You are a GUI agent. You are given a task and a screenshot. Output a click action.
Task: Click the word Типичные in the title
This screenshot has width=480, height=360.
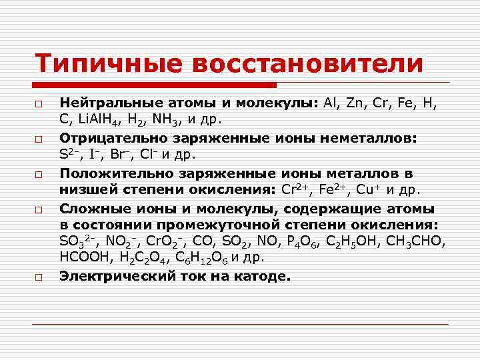click(x=107, y=64)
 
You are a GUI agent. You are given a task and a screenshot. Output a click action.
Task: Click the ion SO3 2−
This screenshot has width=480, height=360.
click(x=81, y=241)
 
